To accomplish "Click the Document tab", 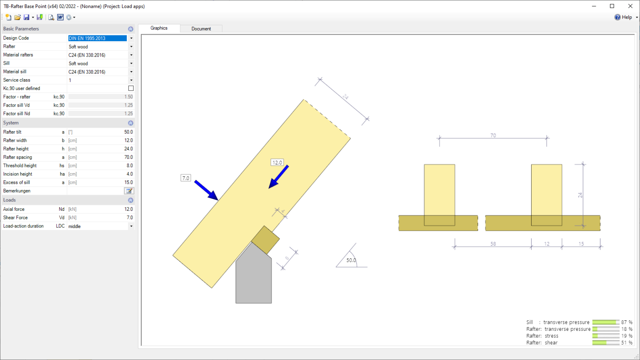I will [201, 29].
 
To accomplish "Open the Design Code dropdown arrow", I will [131, 38].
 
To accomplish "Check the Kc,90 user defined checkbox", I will [131, 88].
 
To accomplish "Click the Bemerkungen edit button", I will [129, 191].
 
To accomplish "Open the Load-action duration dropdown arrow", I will [131, 226].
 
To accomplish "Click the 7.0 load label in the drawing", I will [185, 178].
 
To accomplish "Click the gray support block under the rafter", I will [253, 279].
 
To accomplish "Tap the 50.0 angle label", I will [351, 260].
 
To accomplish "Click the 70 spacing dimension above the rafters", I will [493, 135].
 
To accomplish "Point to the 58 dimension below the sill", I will [493, 244].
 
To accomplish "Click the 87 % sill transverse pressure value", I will [627, 322].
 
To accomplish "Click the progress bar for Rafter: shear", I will [605, 342].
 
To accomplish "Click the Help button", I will [623, 17].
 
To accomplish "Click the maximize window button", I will [612, 6].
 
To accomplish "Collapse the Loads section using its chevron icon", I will [130, 200].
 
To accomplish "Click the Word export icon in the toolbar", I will [60, 17].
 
